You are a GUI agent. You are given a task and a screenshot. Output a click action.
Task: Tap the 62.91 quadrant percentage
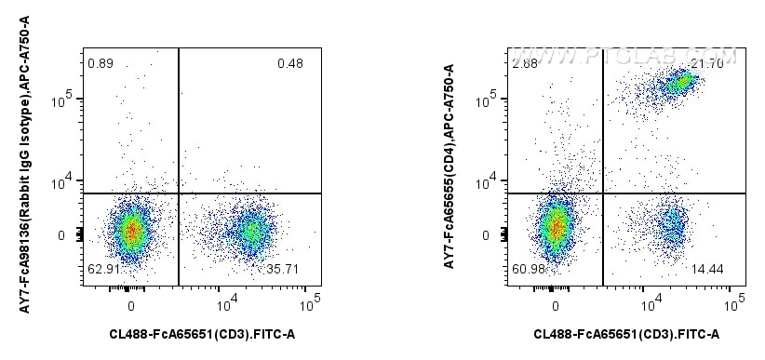(x=101, y=269)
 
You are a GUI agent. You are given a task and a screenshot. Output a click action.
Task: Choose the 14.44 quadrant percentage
(x=707, y=269)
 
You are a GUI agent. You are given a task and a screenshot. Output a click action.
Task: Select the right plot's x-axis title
(x=626, y=334)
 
